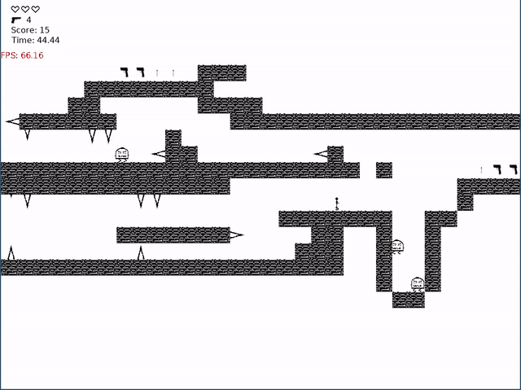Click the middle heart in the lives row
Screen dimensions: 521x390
(25, 9)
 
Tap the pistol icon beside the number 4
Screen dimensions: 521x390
(15, 20)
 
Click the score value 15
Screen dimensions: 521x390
(44, 30)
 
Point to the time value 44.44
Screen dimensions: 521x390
(47, 40)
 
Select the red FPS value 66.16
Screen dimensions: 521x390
(33, 55)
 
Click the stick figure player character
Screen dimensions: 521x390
(336, 204)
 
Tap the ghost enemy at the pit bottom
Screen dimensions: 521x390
(418, 284)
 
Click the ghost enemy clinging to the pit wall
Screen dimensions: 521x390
(397, 246)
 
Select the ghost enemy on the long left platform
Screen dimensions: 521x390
(122, 154)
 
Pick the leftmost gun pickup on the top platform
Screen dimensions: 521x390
(125, 72)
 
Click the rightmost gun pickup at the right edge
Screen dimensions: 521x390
(513, 169)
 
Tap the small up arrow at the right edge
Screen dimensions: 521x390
(481, 170)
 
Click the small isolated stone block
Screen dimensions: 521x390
(383, 170)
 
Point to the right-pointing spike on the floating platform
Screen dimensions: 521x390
(236, 235)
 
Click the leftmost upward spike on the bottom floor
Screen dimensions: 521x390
(11, 252)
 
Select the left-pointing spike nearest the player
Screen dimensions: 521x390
(321, 154)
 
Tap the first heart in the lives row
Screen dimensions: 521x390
(15, 9)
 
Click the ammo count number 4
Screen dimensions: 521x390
(28, 20)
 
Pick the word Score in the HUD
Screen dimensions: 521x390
(23, 30)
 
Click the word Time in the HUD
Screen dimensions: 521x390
(21, 40)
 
